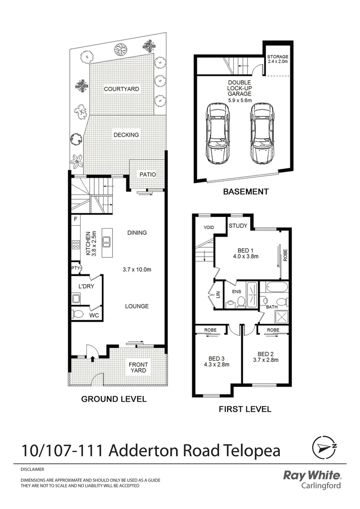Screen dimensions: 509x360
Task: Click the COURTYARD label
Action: click(x=122, y=89)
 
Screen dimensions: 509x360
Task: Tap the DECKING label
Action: click(x=126, y=135)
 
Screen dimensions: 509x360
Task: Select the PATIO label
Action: click(x=147, y=174)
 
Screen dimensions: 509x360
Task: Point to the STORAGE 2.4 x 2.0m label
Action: click(x=278, y=59)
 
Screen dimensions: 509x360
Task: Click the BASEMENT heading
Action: click(x=245, y=192)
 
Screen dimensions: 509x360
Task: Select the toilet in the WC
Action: click(x=79, y=314)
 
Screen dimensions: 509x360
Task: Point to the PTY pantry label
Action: click(x=75, y=268)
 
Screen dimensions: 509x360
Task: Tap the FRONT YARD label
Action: click(x=138, y=368)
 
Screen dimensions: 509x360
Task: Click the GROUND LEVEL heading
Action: click(x=114, y=399)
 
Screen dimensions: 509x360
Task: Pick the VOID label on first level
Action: click(x=209, y=228)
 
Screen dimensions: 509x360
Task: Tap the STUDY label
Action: click(x=238, y=226)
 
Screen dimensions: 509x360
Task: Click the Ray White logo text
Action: click(x=311, y=475)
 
